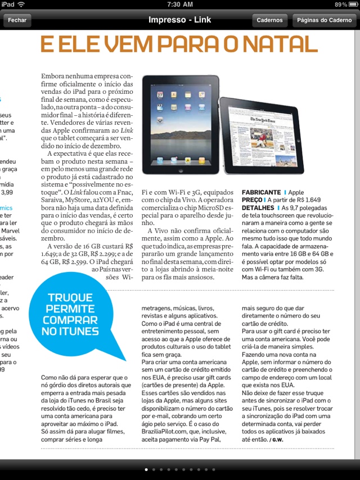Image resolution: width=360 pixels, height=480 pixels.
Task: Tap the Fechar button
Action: pos(17,20)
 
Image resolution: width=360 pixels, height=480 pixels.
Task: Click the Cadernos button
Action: pos(269,20)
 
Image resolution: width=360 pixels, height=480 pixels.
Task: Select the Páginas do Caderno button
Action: pos(324,20)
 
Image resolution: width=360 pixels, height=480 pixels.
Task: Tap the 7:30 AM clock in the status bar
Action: pos(180,4)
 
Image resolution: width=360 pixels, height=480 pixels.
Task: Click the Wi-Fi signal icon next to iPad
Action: pos(21,4)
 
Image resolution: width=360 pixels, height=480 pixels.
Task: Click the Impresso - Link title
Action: pos(179,20)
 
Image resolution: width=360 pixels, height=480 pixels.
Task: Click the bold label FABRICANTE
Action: pos(261,192)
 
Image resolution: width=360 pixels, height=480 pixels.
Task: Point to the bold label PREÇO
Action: pos(252,200)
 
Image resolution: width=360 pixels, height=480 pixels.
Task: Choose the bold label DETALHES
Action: pos(258,207)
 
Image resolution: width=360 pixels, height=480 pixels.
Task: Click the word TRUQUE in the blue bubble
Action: pos(70,298)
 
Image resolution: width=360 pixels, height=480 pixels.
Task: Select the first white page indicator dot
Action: pos(146,469)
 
